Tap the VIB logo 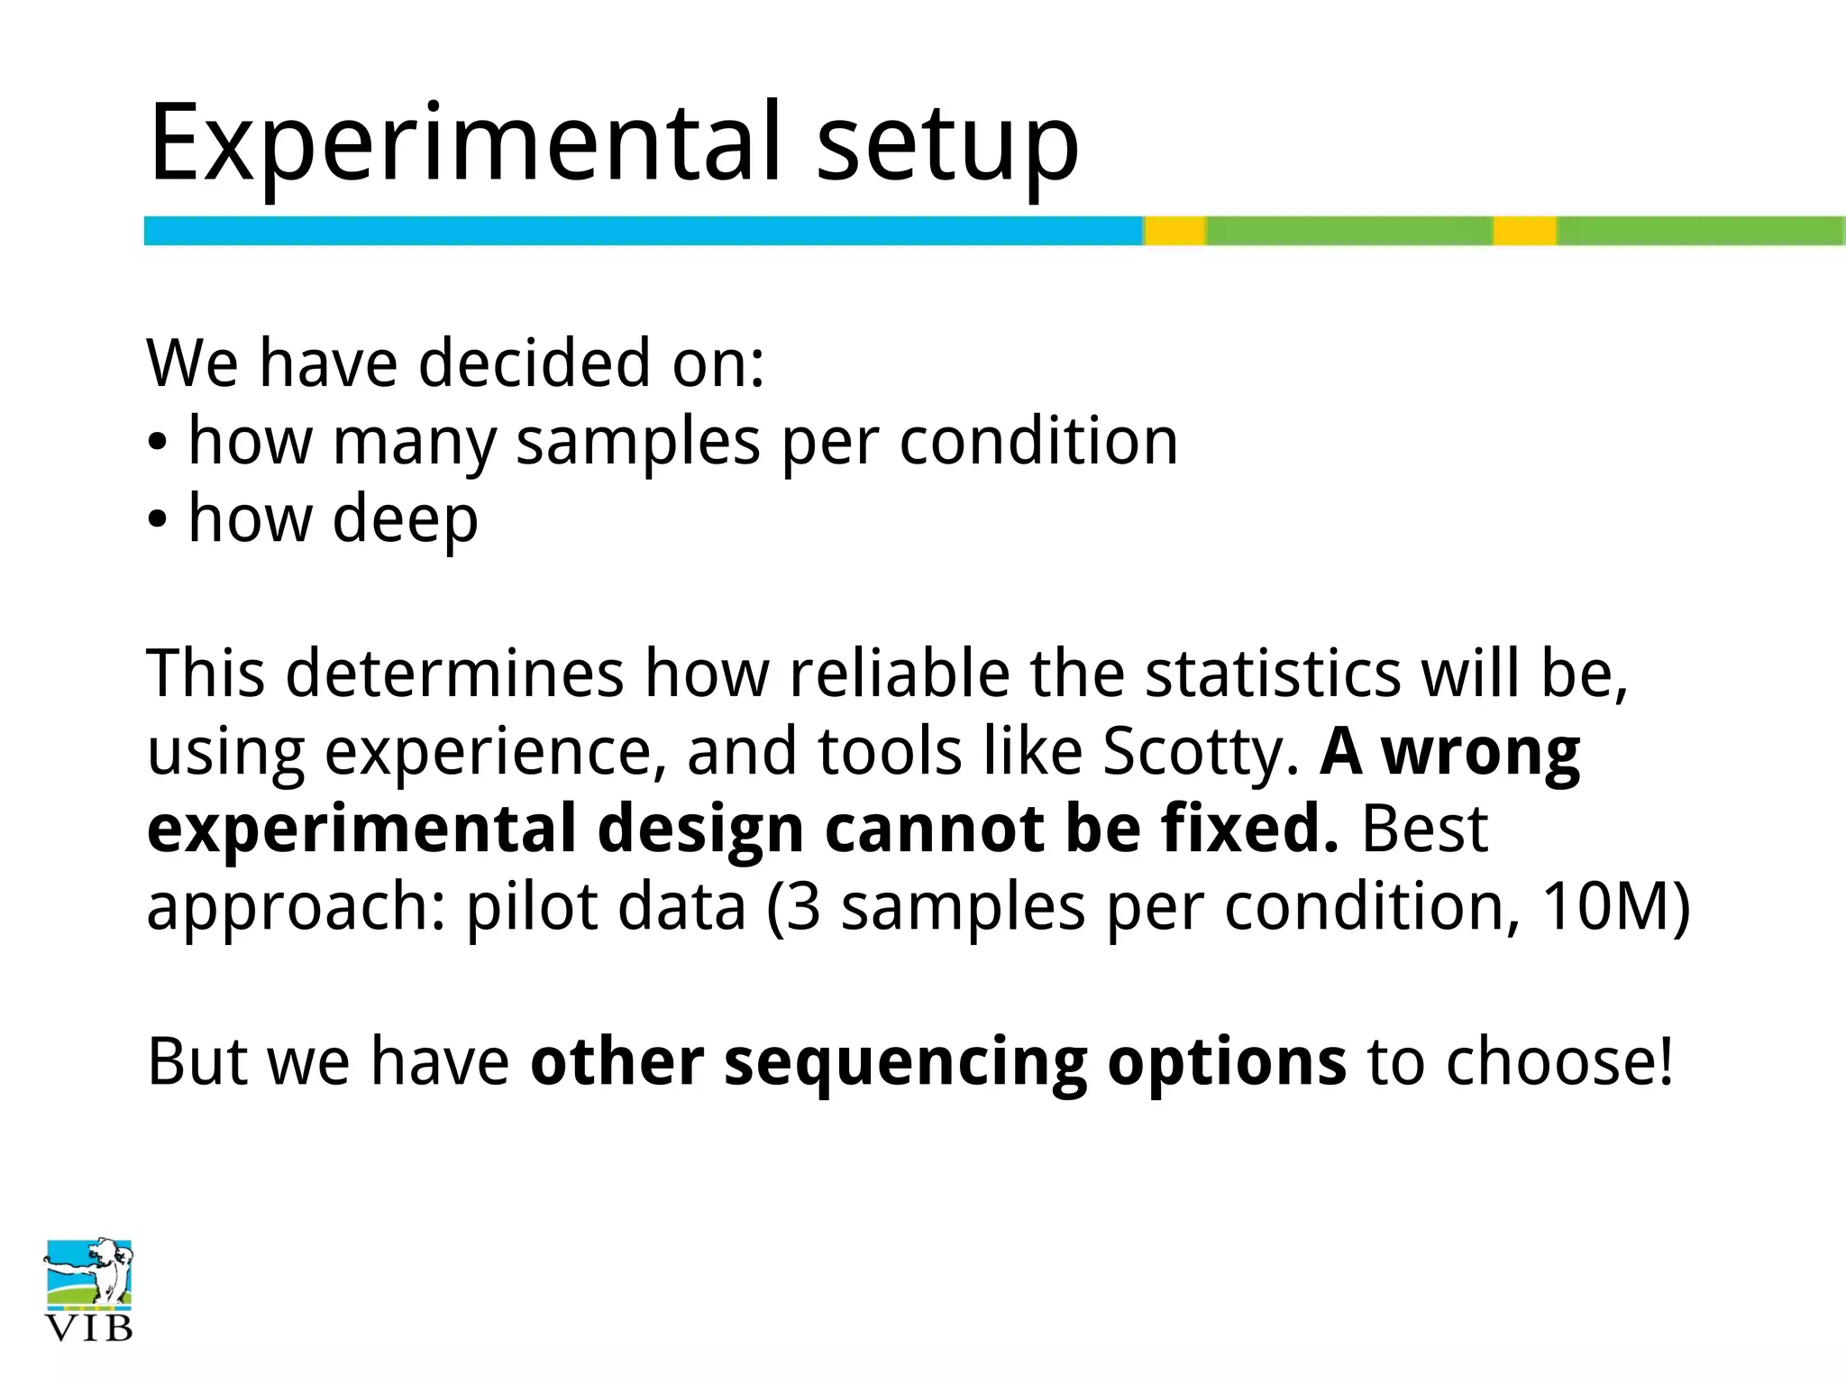point(88,1289)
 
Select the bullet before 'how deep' point(158,521)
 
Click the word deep point(405,521)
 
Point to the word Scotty point(1200,753)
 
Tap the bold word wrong point(1481,751)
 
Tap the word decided point(534,363)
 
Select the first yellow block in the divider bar point(1174,231)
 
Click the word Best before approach point(1424,829)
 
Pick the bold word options point(1226,1062)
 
